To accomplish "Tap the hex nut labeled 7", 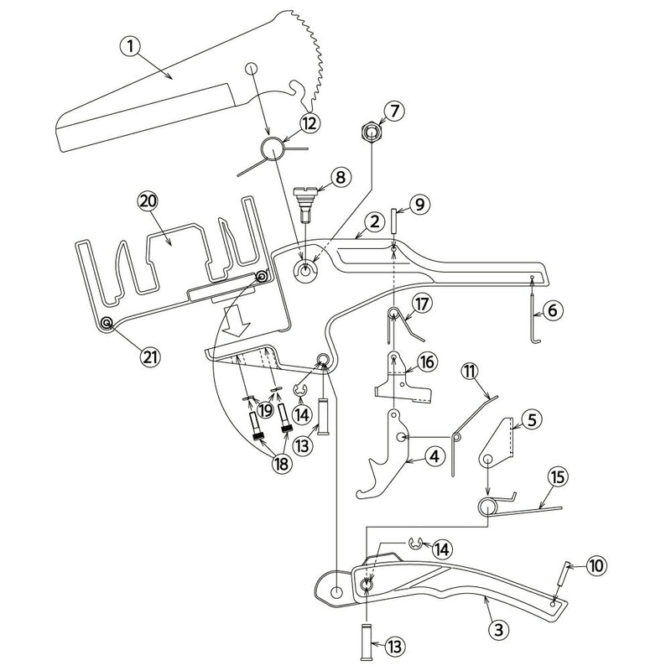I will coord(370,133).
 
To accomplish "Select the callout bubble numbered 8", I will coord(339,177).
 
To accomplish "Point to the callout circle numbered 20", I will coord(148,200).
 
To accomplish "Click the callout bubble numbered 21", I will coord(151,356).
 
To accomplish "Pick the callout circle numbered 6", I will coord(551,310).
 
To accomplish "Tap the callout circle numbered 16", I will coord(426,362).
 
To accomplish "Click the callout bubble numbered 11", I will coord(469,369).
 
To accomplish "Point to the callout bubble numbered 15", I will coord(557,476).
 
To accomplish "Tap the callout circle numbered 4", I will coord(433,456).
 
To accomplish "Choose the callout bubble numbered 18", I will coord(280,464).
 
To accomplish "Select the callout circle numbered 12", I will coord(287,123).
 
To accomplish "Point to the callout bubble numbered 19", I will coord(266,410).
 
